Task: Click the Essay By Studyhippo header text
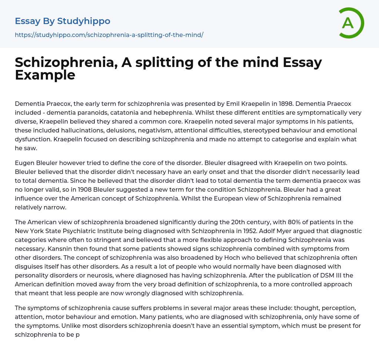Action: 63,21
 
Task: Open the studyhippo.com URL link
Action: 109,35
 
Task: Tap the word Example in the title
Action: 45,75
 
